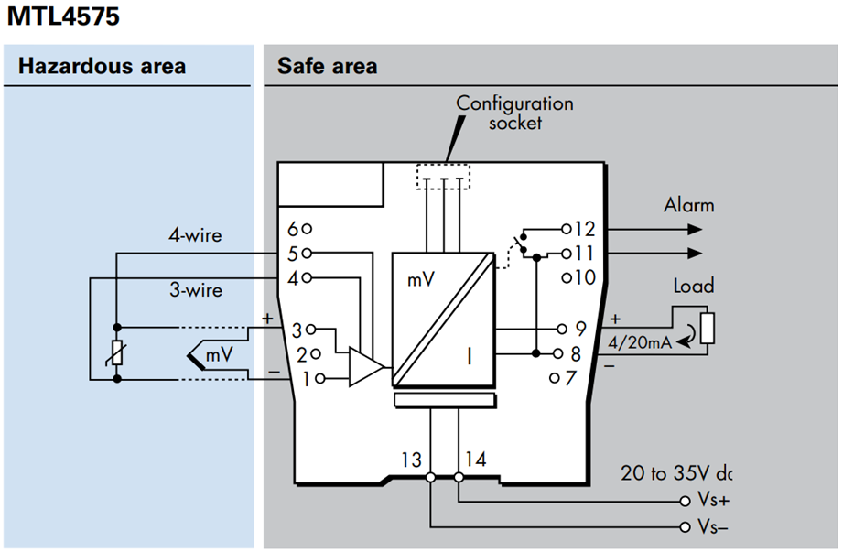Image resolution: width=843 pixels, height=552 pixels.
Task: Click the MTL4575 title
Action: coord(63,16)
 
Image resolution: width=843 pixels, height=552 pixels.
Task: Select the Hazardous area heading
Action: coord(103,66)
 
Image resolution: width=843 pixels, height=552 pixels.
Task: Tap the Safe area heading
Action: coord(328,66)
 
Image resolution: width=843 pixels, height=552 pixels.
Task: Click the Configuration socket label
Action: coord(515,113)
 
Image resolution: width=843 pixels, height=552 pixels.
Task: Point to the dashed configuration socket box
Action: coord(443,177)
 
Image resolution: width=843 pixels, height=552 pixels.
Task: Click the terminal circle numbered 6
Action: coord(307,229)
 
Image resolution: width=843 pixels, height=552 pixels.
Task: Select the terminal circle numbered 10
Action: coord(567,278)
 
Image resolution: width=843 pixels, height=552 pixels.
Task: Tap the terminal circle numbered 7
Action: coord(555,378)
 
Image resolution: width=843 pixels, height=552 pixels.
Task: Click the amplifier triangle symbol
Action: coord(366,367)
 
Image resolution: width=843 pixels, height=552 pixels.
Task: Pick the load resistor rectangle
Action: coord(708,328)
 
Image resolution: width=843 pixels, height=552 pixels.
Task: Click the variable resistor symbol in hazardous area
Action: coord(117,353)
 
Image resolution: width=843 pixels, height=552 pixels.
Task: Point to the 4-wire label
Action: coord(195,235)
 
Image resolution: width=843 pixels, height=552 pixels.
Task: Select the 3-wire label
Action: coord(196,290)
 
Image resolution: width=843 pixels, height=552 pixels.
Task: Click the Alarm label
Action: coord(688,205)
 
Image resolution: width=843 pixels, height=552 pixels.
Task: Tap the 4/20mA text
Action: coord(640,342)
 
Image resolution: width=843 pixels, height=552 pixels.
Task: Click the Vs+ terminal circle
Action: coord(685,502)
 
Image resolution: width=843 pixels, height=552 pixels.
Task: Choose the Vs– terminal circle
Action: coord(685,526)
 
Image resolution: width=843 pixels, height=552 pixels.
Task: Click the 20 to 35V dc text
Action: coord(676,473)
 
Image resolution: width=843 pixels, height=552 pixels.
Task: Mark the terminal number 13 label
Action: coord(411,460)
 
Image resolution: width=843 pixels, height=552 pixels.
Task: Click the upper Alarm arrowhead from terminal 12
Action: coord(695,230)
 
